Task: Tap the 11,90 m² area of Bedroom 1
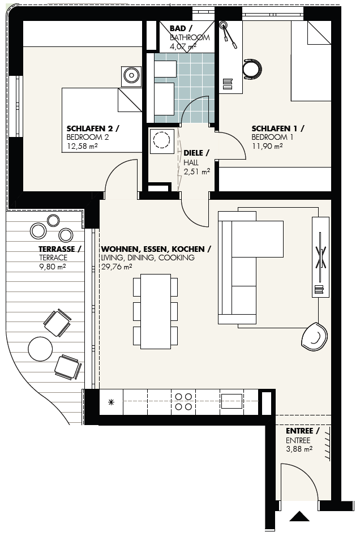point(267,146)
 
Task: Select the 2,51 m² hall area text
point(196,171)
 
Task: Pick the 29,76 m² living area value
point(117,267)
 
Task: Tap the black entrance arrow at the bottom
point(299,516)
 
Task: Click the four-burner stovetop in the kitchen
point(183,402)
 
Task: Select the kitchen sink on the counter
point(232,401)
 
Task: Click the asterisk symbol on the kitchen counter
point(111,402)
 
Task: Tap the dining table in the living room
point(156,311)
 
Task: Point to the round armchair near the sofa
point(315,336)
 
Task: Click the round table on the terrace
point(40,349)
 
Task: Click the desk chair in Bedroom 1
point(252,69)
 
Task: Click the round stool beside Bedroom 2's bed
point(131,74)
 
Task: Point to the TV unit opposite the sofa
point(320,257)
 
